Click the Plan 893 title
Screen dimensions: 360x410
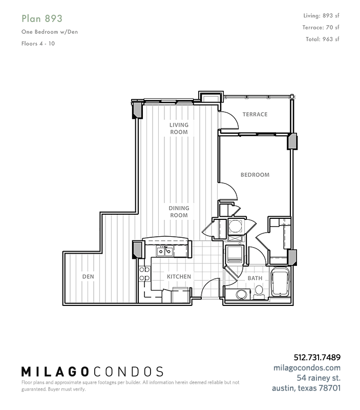pos(42,18)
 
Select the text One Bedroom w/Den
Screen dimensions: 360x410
pos(50,32)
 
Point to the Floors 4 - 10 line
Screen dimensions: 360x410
pos(38,44)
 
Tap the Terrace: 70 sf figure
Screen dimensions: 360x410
pos(321,27)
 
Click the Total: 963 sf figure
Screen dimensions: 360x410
pos(323,39)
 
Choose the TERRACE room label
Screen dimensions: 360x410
pos(255,114)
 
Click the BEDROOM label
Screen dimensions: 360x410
pos(255,175)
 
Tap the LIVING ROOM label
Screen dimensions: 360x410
pos(179,129)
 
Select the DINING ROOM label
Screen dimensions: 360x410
pos(179,212)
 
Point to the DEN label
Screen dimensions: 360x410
pos(88,276)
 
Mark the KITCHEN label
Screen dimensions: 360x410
pos(179,276)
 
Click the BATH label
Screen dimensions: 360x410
pos(255,278)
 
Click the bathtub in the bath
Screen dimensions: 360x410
pos(280,281)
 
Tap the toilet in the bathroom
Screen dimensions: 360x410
pos(259,292)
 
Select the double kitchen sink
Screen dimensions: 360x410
pos(165,251)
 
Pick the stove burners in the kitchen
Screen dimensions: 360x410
pos(144,274)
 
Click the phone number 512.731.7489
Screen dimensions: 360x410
pos(317,357)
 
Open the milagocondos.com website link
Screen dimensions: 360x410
pos(307,367)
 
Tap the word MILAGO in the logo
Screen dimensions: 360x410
pos(55,372)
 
